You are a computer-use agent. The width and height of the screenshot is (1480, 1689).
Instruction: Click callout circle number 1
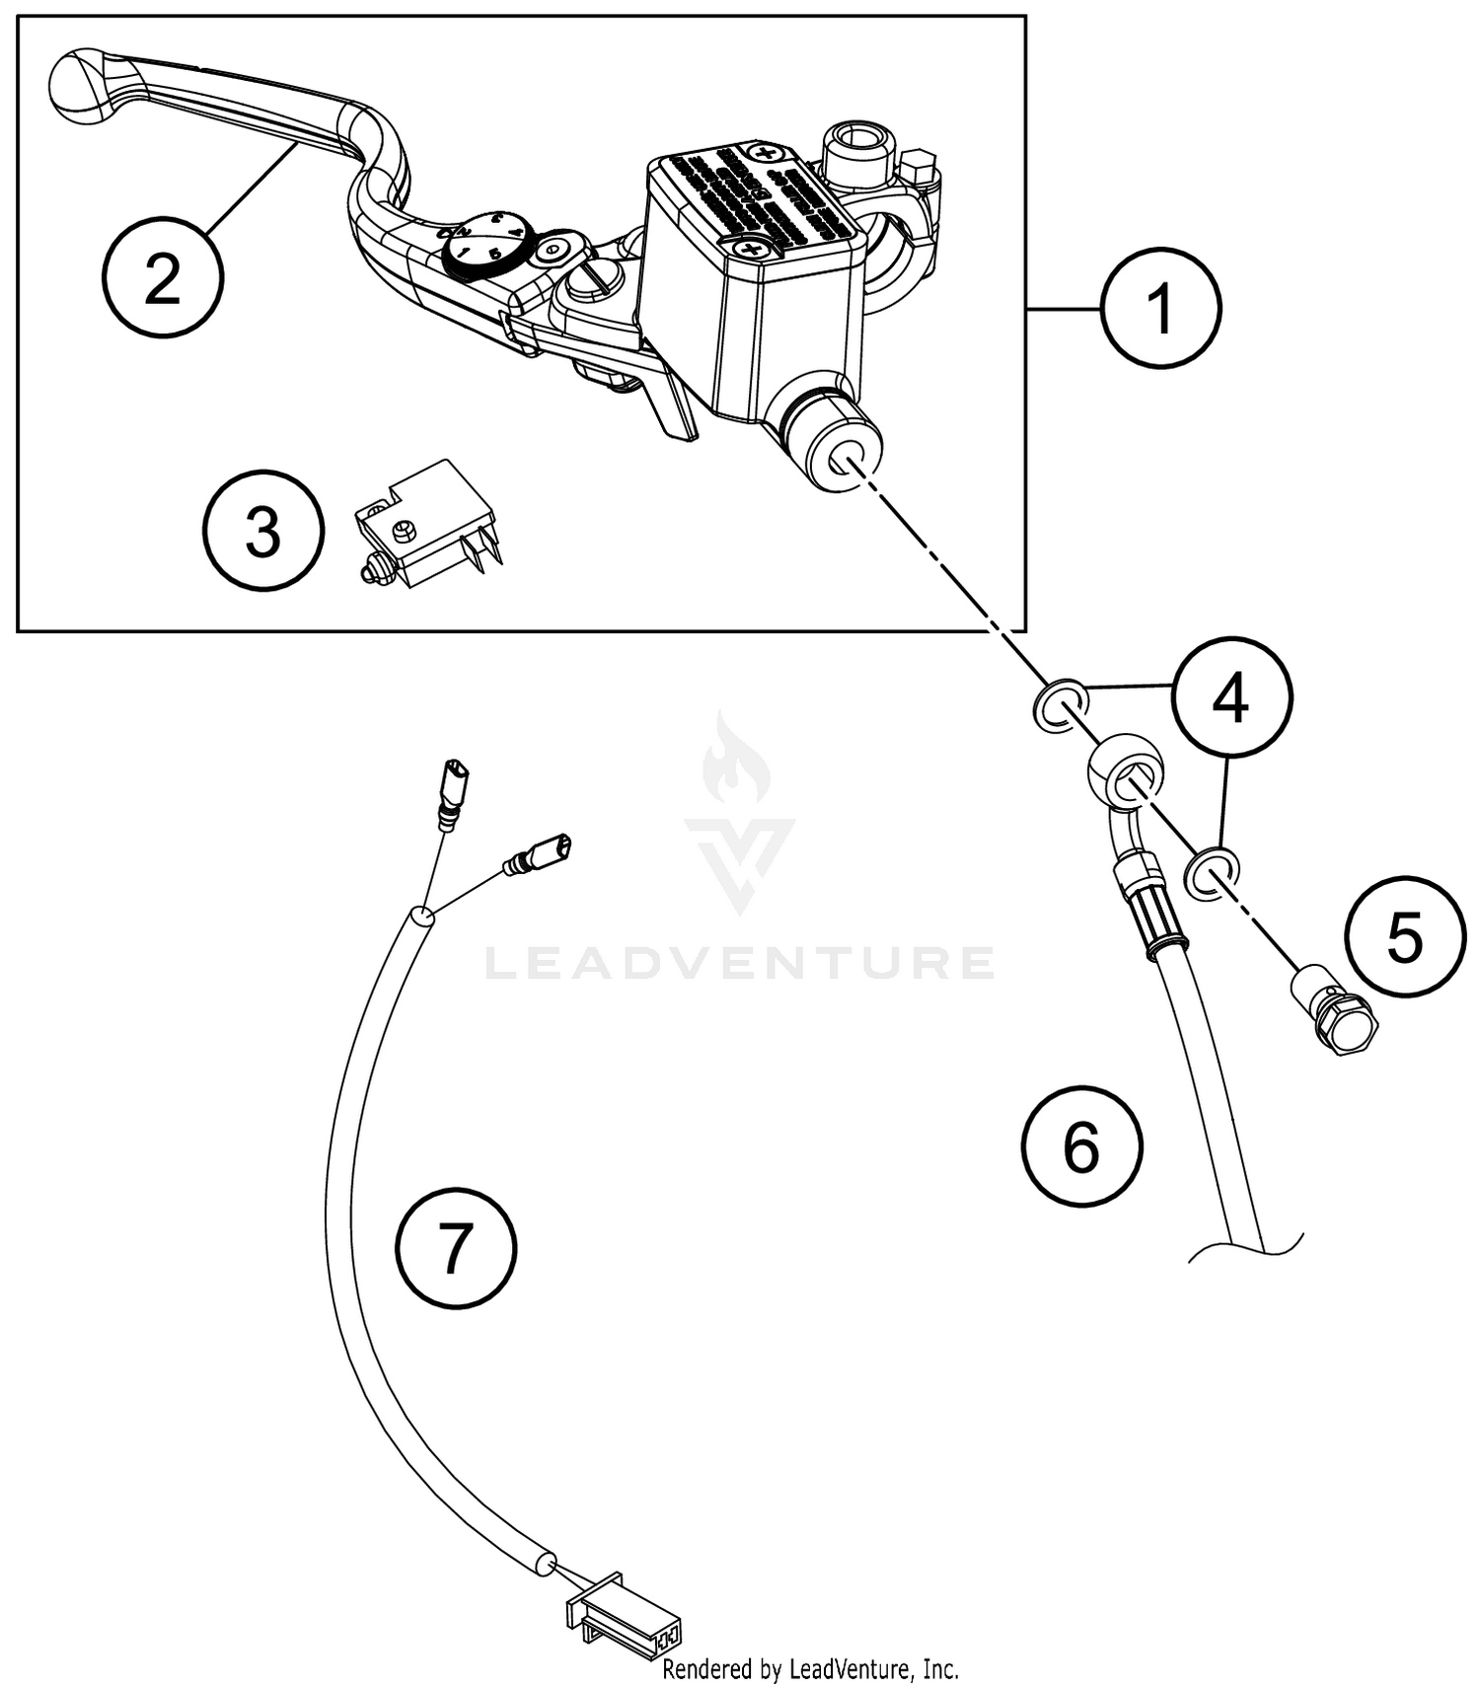tap(1161, 309)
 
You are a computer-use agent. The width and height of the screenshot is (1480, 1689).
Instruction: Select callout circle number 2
tap(163, 279)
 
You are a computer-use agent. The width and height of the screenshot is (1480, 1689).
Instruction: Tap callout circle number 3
tap(263, 532)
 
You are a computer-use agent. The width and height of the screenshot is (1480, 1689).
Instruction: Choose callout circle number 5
tap(1405, 936)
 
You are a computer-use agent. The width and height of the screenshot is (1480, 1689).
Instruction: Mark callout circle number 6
tap(1081, 1146)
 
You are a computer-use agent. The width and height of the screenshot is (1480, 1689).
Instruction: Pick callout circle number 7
tap(456, 1248)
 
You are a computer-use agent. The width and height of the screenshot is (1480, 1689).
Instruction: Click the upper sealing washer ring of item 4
tap(1060, 705)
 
